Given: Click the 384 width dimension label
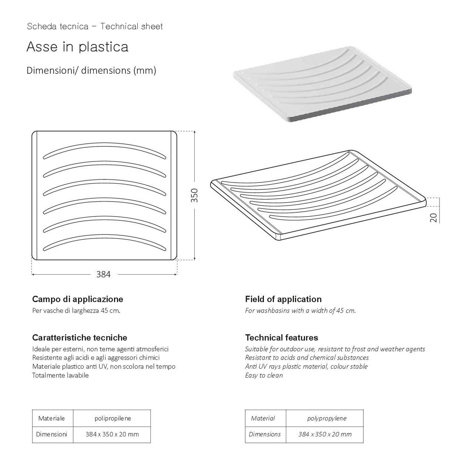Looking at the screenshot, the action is pos(103,274).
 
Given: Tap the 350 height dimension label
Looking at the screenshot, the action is pos(194,195).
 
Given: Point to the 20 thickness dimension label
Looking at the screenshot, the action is pos(433,218).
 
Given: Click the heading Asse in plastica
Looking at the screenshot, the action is pos(77,47).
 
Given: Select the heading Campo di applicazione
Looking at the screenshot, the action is pos(78,299).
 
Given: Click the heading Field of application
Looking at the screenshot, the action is pos(283,299).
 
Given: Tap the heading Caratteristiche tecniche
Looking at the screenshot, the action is pos(80,337).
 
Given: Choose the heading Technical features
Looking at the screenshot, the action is pos(282,337).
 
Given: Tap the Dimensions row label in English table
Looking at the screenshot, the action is pos(265,434).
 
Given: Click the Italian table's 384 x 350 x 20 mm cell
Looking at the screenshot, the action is pos(112,435).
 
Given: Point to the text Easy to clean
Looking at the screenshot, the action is pos(264,375).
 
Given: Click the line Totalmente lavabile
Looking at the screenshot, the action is pos(60,375).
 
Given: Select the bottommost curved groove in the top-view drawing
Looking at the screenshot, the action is pos(104,236).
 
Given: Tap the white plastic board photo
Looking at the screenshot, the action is pos(322,84).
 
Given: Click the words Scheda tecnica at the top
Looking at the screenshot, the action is pos(58,26).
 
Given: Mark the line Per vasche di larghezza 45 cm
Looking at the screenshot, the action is pos(76,311).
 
